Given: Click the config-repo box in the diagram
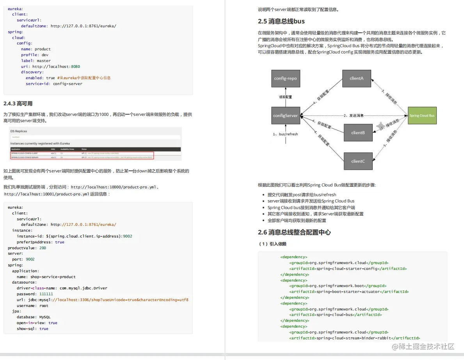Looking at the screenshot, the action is (285, 78).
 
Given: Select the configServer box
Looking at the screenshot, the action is (286, 115).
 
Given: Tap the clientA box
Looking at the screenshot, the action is (357, 78).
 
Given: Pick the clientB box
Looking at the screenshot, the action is (357, 133).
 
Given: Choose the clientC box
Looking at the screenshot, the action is (357, 161).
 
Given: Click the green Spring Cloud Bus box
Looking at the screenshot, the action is (422, 115).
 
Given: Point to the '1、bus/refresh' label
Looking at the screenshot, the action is (285, 134).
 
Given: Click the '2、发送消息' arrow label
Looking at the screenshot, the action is (354, 115).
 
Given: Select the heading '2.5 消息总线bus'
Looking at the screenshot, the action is (281, 21).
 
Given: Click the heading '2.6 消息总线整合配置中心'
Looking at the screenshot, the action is (294, 232).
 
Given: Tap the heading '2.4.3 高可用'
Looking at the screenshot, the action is (18, 103).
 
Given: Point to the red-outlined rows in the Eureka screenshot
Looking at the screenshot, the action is (82, 155).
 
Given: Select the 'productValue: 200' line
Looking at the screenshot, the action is (27, 248).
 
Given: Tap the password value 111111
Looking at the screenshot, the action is (46, 294).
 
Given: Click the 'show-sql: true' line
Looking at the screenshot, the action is (32, 328).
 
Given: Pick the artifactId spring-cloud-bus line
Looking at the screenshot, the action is (335, 315).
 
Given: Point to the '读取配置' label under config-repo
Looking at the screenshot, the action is (285, 97).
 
